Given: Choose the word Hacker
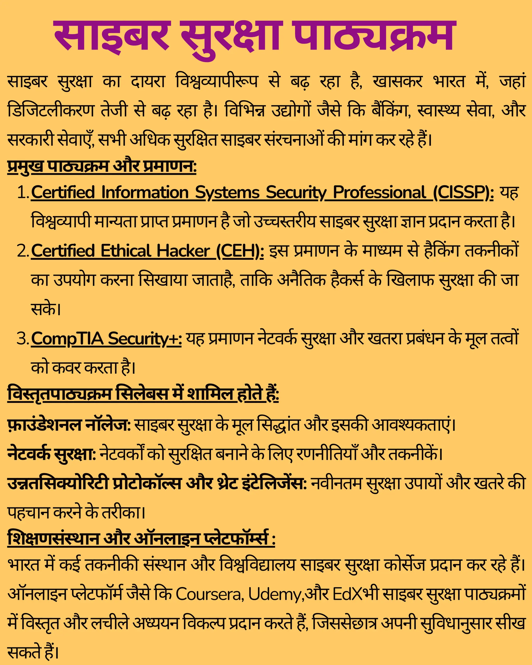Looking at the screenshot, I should point(183,251).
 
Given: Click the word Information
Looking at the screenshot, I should point(145,192).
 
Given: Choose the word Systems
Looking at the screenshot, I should point(227,193).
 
